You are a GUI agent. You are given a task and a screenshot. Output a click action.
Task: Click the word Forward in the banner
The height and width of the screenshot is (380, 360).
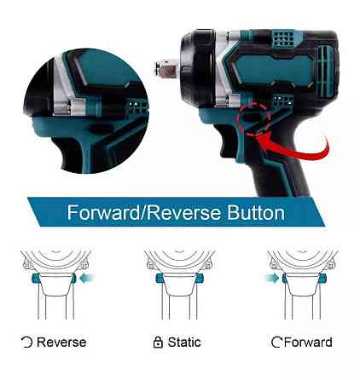(103, 212)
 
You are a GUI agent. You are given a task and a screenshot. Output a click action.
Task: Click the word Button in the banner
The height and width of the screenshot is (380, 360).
(256, 212)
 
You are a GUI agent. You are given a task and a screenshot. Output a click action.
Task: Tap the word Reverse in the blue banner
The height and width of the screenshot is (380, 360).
(183, 212)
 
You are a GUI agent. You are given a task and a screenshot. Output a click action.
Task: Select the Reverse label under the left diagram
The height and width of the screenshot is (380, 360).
(61, 343)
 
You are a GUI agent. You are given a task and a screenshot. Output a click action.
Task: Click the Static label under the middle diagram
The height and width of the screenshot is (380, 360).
(184, 343)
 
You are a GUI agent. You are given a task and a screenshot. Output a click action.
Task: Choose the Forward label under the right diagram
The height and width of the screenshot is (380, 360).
(308, 343)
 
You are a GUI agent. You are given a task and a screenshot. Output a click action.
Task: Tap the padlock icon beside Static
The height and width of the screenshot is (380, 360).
(158, 343)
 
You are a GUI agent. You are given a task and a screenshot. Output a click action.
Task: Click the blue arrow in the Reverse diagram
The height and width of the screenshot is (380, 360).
(87, 278)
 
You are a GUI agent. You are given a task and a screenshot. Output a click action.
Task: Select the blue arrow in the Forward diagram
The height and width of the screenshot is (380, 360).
(271, 278)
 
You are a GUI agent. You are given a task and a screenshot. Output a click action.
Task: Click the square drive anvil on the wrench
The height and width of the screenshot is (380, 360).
(166, 67)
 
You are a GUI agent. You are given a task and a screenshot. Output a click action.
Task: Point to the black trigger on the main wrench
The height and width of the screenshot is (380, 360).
(228, 143)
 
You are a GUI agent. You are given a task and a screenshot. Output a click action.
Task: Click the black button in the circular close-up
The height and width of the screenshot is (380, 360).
(100, 130)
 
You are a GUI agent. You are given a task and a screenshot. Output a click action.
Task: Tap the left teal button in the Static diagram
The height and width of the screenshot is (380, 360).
(160, 278)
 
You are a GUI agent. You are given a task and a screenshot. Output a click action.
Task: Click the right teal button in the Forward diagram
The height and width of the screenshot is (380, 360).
(322, 278)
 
